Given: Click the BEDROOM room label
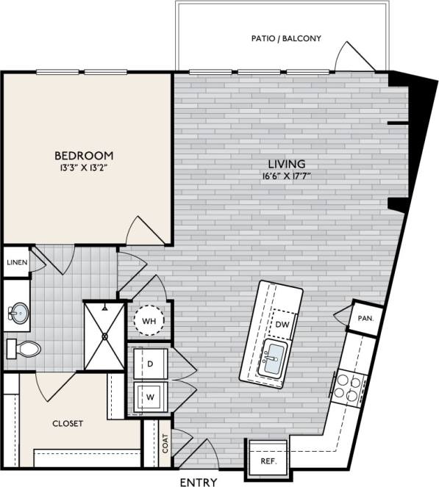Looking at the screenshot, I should tap(85, 155).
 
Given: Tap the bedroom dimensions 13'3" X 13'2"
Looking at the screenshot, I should tap(85, 168).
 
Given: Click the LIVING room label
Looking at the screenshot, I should tap(286, 163).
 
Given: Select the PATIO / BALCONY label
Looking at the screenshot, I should tap(285, 38).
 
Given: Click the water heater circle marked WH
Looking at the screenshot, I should tap(149, 321).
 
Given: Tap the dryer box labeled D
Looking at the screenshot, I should tap(149, 364).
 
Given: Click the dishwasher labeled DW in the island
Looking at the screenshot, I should tap(282, 324).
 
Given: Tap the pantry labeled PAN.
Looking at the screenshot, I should tap(365, 319).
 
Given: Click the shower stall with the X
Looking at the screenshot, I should tap(104, 336).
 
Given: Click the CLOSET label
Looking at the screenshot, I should tap(67, 423).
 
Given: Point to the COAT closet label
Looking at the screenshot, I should tap(165, 443).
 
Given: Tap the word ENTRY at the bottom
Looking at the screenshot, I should tap(199, 481).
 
